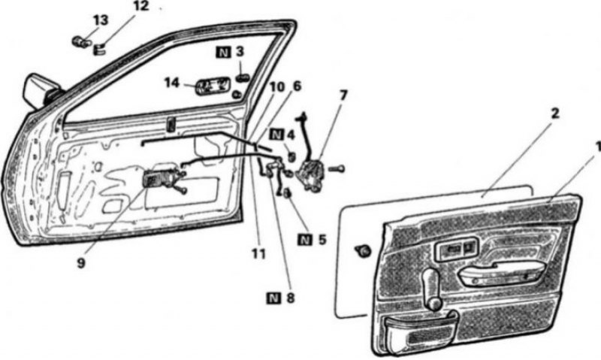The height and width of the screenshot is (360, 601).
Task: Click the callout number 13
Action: coord(101,20)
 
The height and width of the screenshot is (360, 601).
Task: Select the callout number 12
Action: coord(140,7)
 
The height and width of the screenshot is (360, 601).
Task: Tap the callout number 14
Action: coord(172,83)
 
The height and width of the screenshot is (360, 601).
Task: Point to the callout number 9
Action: coord(81,264)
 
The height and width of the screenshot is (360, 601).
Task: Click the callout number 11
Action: coord(258,253)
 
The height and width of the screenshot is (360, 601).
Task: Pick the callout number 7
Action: coord(343,95)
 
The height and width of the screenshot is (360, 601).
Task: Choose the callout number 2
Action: coord(554,113)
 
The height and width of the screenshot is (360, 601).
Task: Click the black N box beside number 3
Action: coord(223,52)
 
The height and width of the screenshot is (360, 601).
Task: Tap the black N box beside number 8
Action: coord(273,298)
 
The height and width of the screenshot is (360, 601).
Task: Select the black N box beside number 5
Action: coord(305,240)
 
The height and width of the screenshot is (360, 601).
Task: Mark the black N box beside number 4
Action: coord(276,135)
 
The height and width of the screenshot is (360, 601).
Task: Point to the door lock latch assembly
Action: coord(312,174)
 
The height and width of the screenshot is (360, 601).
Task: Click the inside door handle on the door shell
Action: coord(161,179)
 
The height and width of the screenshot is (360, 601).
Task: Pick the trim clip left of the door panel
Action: coord(363,251)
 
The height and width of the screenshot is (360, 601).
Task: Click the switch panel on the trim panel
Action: coord(456,249)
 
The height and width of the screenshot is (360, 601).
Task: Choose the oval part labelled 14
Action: coord(213,86)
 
